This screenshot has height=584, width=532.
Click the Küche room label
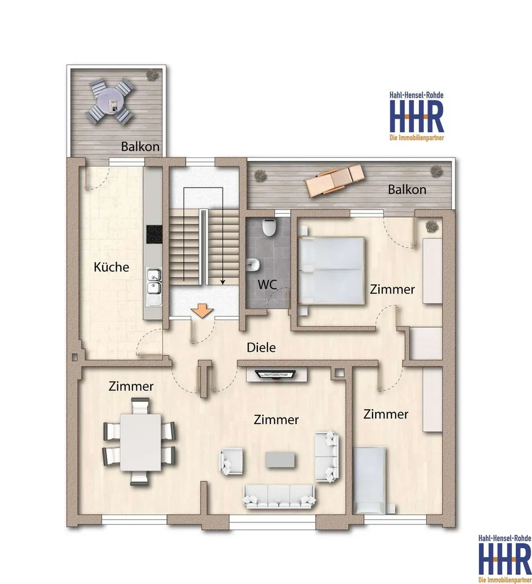click(111, 267)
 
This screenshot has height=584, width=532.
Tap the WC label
click(267, 284)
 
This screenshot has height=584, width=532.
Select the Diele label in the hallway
click(261, 348)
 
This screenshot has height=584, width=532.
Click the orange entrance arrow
click(202, 311)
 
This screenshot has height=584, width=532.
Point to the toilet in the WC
click(268, 227)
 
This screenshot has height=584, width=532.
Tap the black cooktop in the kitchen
click(154, 235)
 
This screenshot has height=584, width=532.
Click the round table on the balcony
click(110, 101)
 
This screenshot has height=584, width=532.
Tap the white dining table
click(141, 442)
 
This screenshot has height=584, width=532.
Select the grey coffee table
click(280, 460)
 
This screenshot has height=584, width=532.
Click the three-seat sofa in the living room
click(279, 496)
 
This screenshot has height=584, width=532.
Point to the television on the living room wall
click(276, 374)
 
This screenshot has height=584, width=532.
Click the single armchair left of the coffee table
click(231, 461)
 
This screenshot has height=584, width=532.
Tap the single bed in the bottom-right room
click(369, 481)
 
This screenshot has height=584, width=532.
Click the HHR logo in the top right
click(417, 116)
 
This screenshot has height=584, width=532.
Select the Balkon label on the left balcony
click(141, 147)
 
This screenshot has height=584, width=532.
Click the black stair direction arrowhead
click(223, 282)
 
